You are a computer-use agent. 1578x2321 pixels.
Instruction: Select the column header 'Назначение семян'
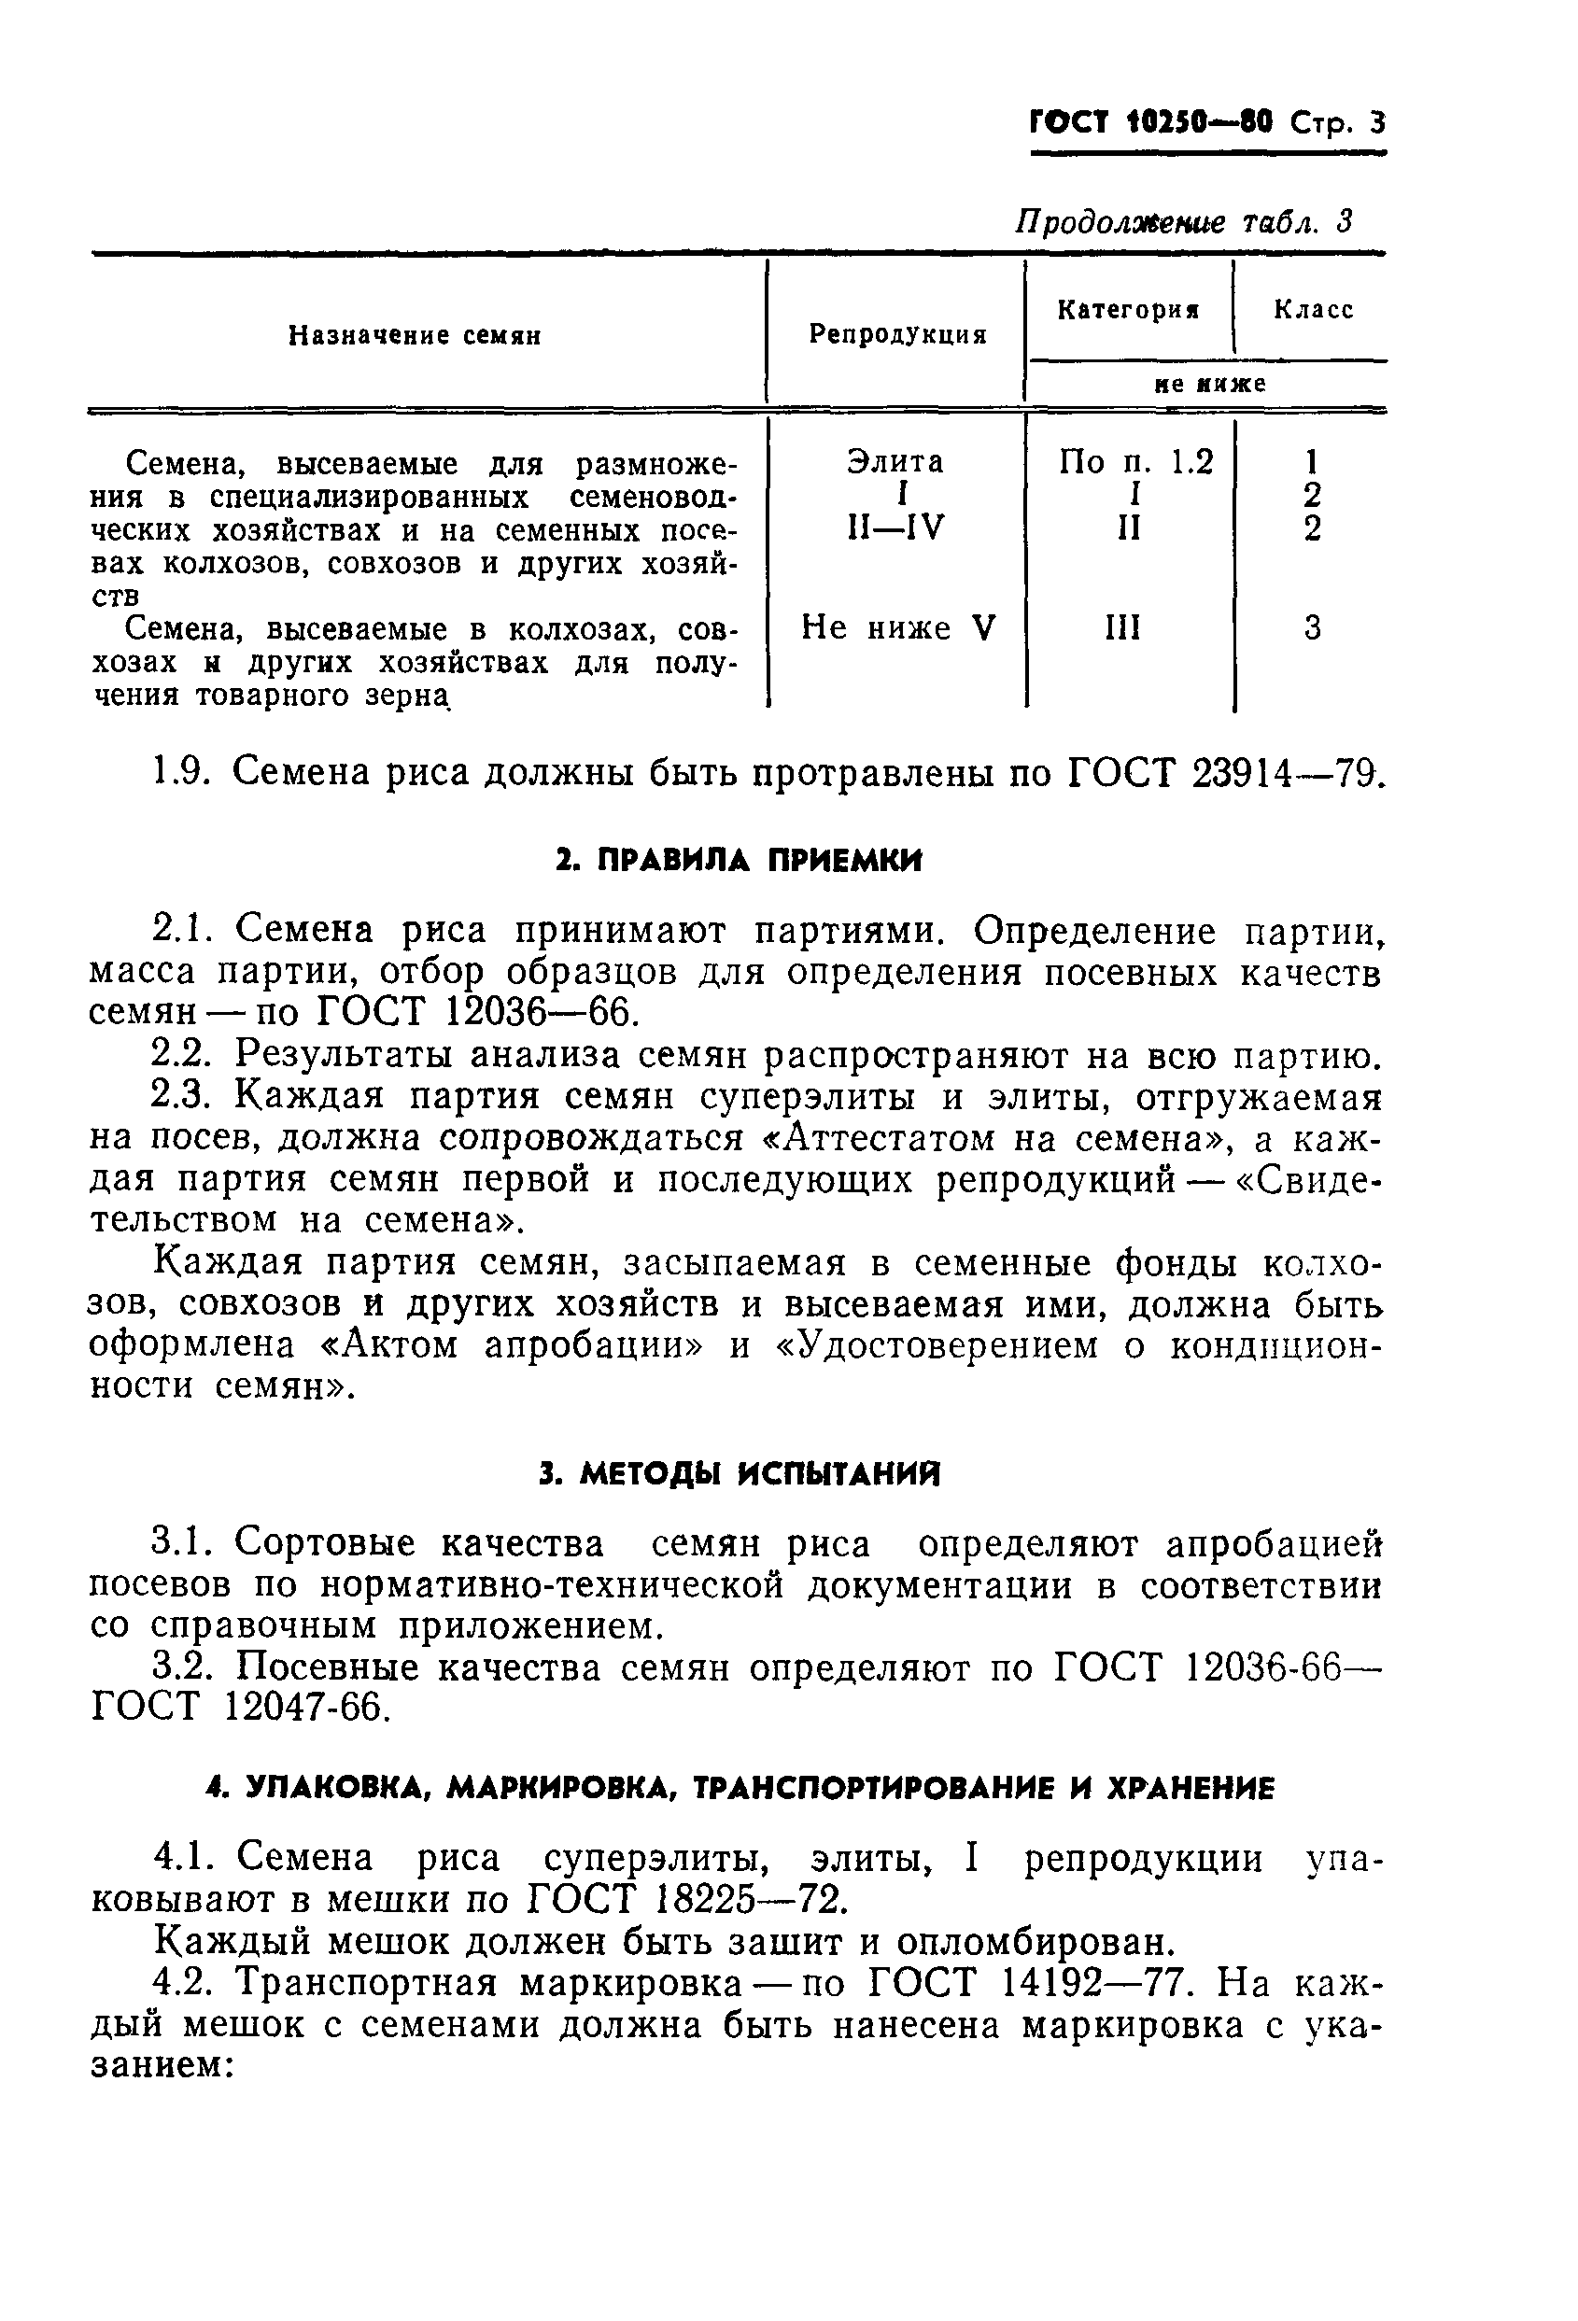(x=415, y=335)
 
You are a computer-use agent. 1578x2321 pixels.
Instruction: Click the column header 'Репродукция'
(x=897, y=334)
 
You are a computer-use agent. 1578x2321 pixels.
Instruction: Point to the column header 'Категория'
(x=1129, y=310)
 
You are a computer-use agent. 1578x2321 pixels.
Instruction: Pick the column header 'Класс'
(x=1312, y=310)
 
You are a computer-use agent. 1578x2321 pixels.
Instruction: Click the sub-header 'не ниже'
(x=1209, y=385)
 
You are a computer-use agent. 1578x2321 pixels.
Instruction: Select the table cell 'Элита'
(x=895, y=461)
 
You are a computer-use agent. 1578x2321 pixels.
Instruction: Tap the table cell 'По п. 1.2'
(x=1135, y=461)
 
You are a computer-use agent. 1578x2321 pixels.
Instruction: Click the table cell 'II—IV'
(x=894, y=527)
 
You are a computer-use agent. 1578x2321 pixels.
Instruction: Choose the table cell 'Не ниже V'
(x=898, y=628)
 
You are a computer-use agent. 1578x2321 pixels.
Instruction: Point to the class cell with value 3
(x=1312, y=628)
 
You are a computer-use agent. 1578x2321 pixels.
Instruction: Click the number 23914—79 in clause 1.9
(x=1287, y=772)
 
